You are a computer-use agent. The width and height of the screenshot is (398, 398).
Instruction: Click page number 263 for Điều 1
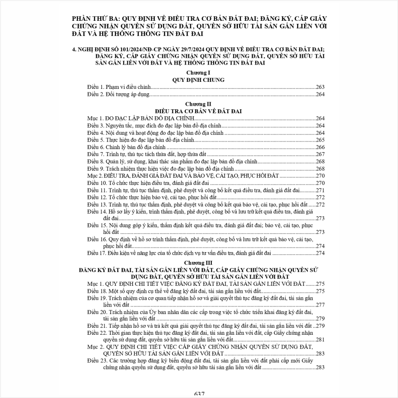click(x=320, y=88)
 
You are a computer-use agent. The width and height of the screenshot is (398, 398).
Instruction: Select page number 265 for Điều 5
click(x=320, y=140)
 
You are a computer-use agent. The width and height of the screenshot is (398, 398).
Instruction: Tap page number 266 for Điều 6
click(x=320, y=147)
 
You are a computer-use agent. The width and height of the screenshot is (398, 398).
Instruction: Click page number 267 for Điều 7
click(x=320, y=154)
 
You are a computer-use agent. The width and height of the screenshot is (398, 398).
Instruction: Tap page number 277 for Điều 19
click(x=320, y=305)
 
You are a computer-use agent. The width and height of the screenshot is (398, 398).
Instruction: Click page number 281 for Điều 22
click(x=320, y=340)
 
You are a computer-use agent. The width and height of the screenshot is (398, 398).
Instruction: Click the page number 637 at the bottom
click(x=199, y=394)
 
